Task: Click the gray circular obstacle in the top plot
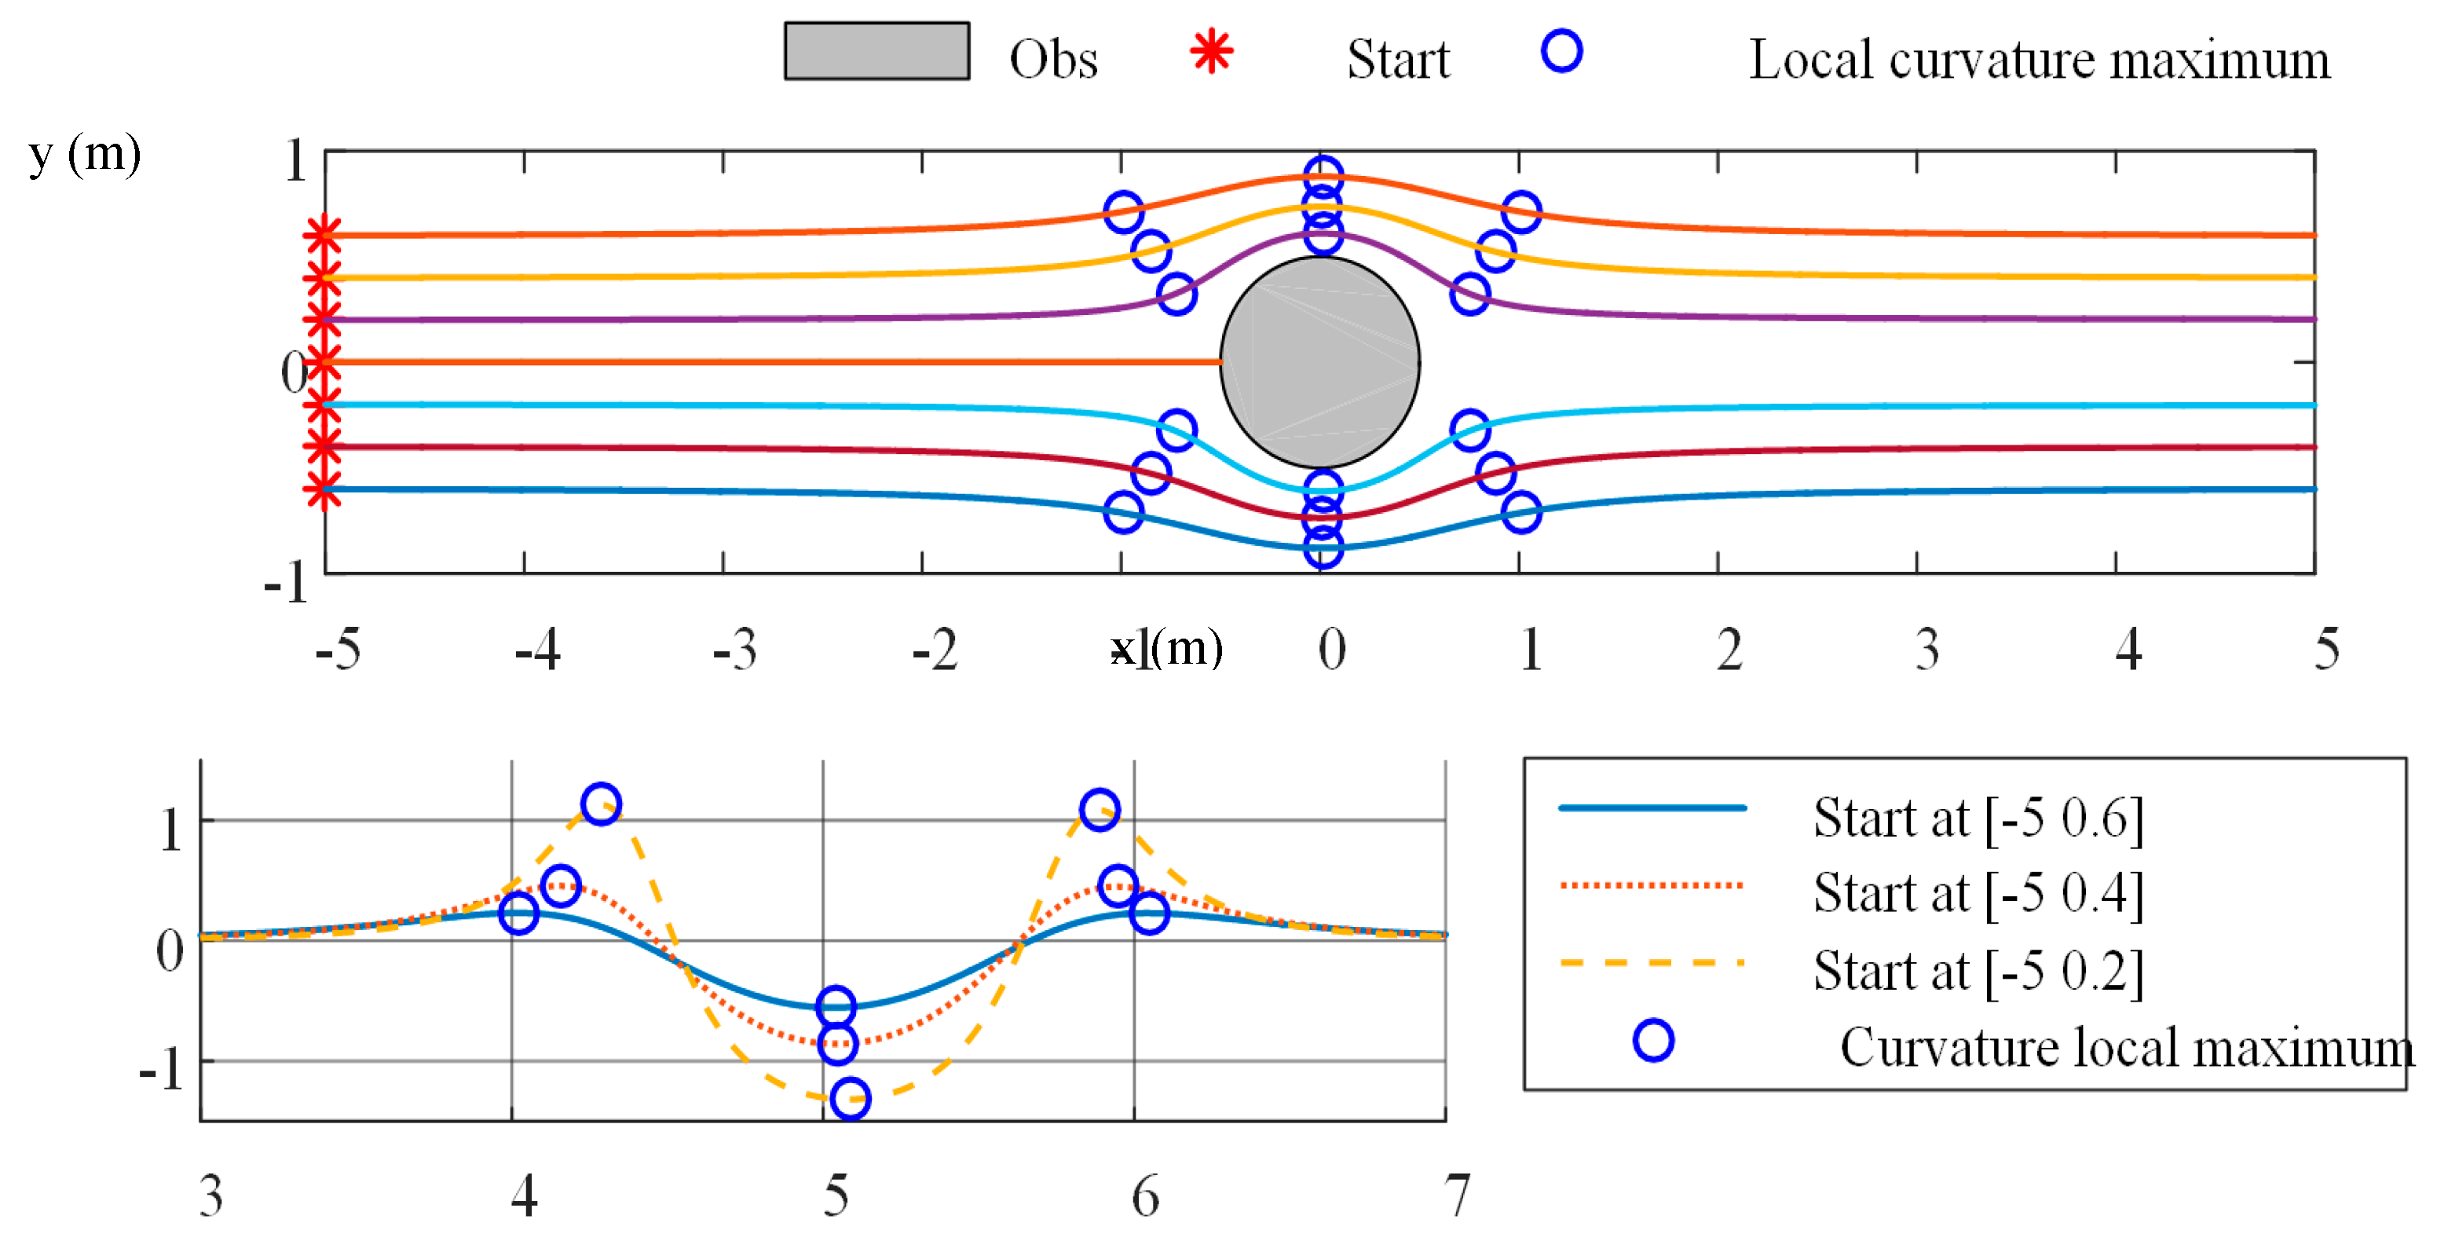[x=1319, y=362]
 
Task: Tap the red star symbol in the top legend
[x=1211, y=51]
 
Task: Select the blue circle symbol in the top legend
[x=1561, y=51]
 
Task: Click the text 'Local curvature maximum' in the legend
[x=2039, y=60]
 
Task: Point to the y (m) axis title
[x=84, y=154]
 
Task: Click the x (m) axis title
[x=1166, y=649]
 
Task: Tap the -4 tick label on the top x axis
[x=537, y=650]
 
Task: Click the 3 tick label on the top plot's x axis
[x=1927, y=650]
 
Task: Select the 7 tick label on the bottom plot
[x=1457, y=1195]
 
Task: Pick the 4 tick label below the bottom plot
[x=524, y=1195]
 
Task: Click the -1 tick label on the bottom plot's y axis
[x=162, y=1070]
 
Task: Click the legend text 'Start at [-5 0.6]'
[x=1978, y=818]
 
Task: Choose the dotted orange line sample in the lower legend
[x=1651, y=885]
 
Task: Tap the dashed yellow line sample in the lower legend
[x=1651, y=963]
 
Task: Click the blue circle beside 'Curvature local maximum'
[x=1652, y=1040]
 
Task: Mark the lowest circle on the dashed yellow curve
[x=851, y=1098]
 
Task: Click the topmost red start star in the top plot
[x=324, y=235]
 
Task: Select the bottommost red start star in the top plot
[x=324, y=490]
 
